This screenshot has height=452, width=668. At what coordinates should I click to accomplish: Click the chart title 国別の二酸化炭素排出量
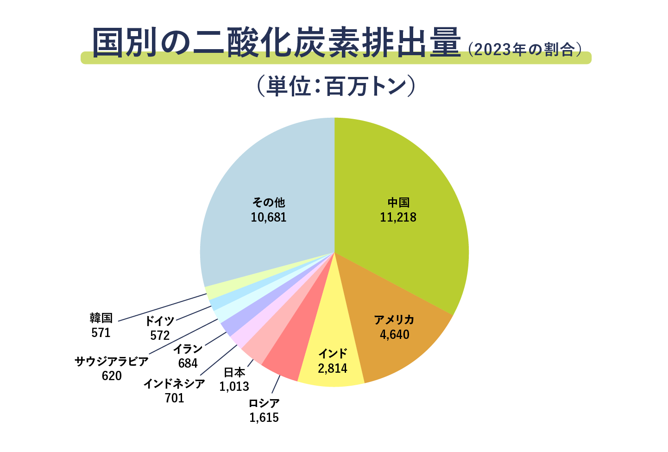point(277,43)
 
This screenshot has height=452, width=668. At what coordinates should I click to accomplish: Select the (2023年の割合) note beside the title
point(524,49)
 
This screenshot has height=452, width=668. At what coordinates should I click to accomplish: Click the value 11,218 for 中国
point(398,217)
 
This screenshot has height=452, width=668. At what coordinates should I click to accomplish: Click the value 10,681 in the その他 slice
point(269,217)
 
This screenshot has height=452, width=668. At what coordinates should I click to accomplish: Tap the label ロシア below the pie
point(264,403)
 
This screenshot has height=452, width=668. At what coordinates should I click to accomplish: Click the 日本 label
point(234,372)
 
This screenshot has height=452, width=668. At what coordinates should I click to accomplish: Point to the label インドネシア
point(174,383)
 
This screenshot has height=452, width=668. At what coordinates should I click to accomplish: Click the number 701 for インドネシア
point(174,398)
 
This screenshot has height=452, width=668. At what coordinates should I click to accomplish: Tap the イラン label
point(188,349)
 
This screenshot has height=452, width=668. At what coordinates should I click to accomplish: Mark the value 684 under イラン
point(188,363)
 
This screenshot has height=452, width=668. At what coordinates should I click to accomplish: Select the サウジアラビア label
point(112,361)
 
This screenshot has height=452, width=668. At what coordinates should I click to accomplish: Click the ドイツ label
point(160,321)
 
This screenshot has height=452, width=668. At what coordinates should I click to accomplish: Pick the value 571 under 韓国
point(101,332)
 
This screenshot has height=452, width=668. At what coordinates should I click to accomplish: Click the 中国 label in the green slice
point(398,203)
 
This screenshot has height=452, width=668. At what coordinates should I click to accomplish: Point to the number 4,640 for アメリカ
point(395,334)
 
